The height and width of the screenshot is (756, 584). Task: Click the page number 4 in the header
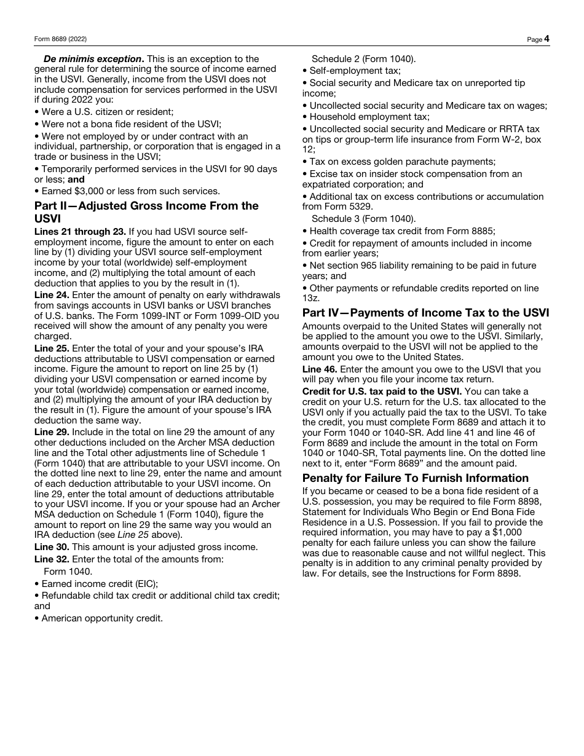pos(547,39)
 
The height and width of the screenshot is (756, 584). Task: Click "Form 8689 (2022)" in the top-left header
pos(60,39)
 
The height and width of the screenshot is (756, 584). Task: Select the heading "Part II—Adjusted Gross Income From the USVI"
pos(146,212)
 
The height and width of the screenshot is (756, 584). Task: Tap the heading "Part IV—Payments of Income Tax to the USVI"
pos(425,313)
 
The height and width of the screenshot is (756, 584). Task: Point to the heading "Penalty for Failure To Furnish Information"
pos(415,478)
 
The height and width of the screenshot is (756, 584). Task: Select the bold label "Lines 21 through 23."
pos(80,232)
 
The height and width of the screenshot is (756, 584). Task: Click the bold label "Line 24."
pos(52,295)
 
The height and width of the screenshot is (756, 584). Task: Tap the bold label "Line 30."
pos(52,547)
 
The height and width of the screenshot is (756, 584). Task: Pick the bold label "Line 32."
pos(52,559)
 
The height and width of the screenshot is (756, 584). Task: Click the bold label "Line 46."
pos(320,369)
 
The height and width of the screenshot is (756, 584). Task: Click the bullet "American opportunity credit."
pos(101,618)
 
